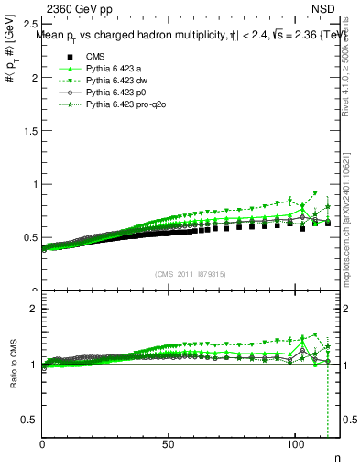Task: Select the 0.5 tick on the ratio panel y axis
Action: [x=28, y=420]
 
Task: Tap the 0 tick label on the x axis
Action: [x=42, y=444]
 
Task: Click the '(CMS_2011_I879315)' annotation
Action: [x=191, y=273]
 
